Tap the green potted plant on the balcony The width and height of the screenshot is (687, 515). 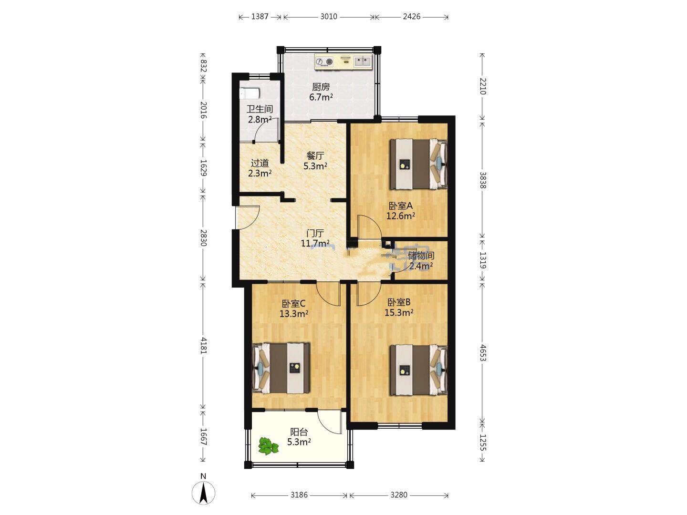[268, 446]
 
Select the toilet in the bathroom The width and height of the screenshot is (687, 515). [250, 93]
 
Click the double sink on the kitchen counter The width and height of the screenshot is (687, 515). [363, 62]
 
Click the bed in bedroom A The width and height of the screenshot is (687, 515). [418, 164]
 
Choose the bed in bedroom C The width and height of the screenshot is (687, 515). [281, 368]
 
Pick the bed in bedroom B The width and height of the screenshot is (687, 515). [418, 370]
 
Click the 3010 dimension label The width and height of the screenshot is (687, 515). [329, 17]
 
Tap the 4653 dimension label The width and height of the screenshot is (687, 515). [483, 353]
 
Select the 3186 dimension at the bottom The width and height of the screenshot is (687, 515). [299, 495]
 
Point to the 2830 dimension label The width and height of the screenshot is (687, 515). [203, 238]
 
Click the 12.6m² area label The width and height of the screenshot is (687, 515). [401, 216]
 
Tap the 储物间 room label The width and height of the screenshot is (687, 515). [421, 256]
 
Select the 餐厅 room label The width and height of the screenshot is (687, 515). [315, 155]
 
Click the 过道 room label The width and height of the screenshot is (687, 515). [260, 163]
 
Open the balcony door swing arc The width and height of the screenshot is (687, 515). [329, 422]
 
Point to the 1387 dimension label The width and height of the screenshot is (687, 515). [260, 17]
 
